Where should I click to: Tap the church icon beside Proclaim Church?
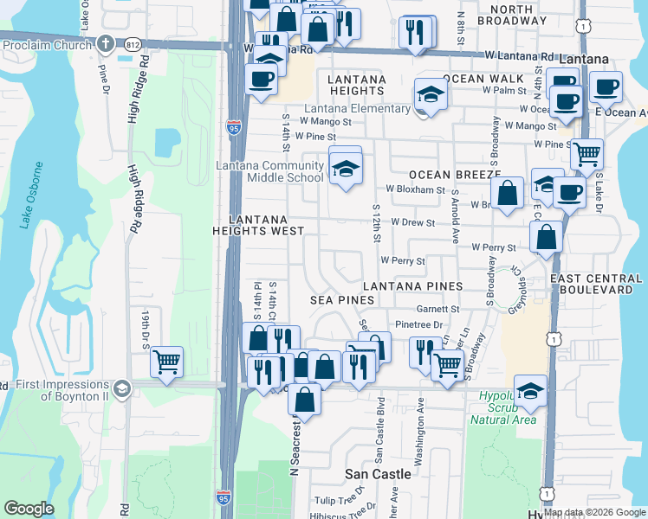(105, 43)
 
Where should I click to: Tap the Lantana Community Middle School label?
(269, 171)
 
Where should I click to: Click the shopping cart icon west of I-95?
(166, 361)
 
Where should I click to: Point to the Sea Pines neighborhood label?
(343, 299)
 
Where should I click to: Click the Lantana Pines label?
(412, 285)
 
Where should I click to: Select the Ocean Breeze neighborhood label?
(444, 175)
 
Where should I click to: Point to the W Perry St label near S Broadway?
(494, 247)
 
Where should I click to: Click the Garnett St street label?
(437, 309)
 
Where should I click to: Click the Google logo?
(29, 509)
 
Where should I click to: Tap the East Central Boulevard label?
(599, 284)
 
